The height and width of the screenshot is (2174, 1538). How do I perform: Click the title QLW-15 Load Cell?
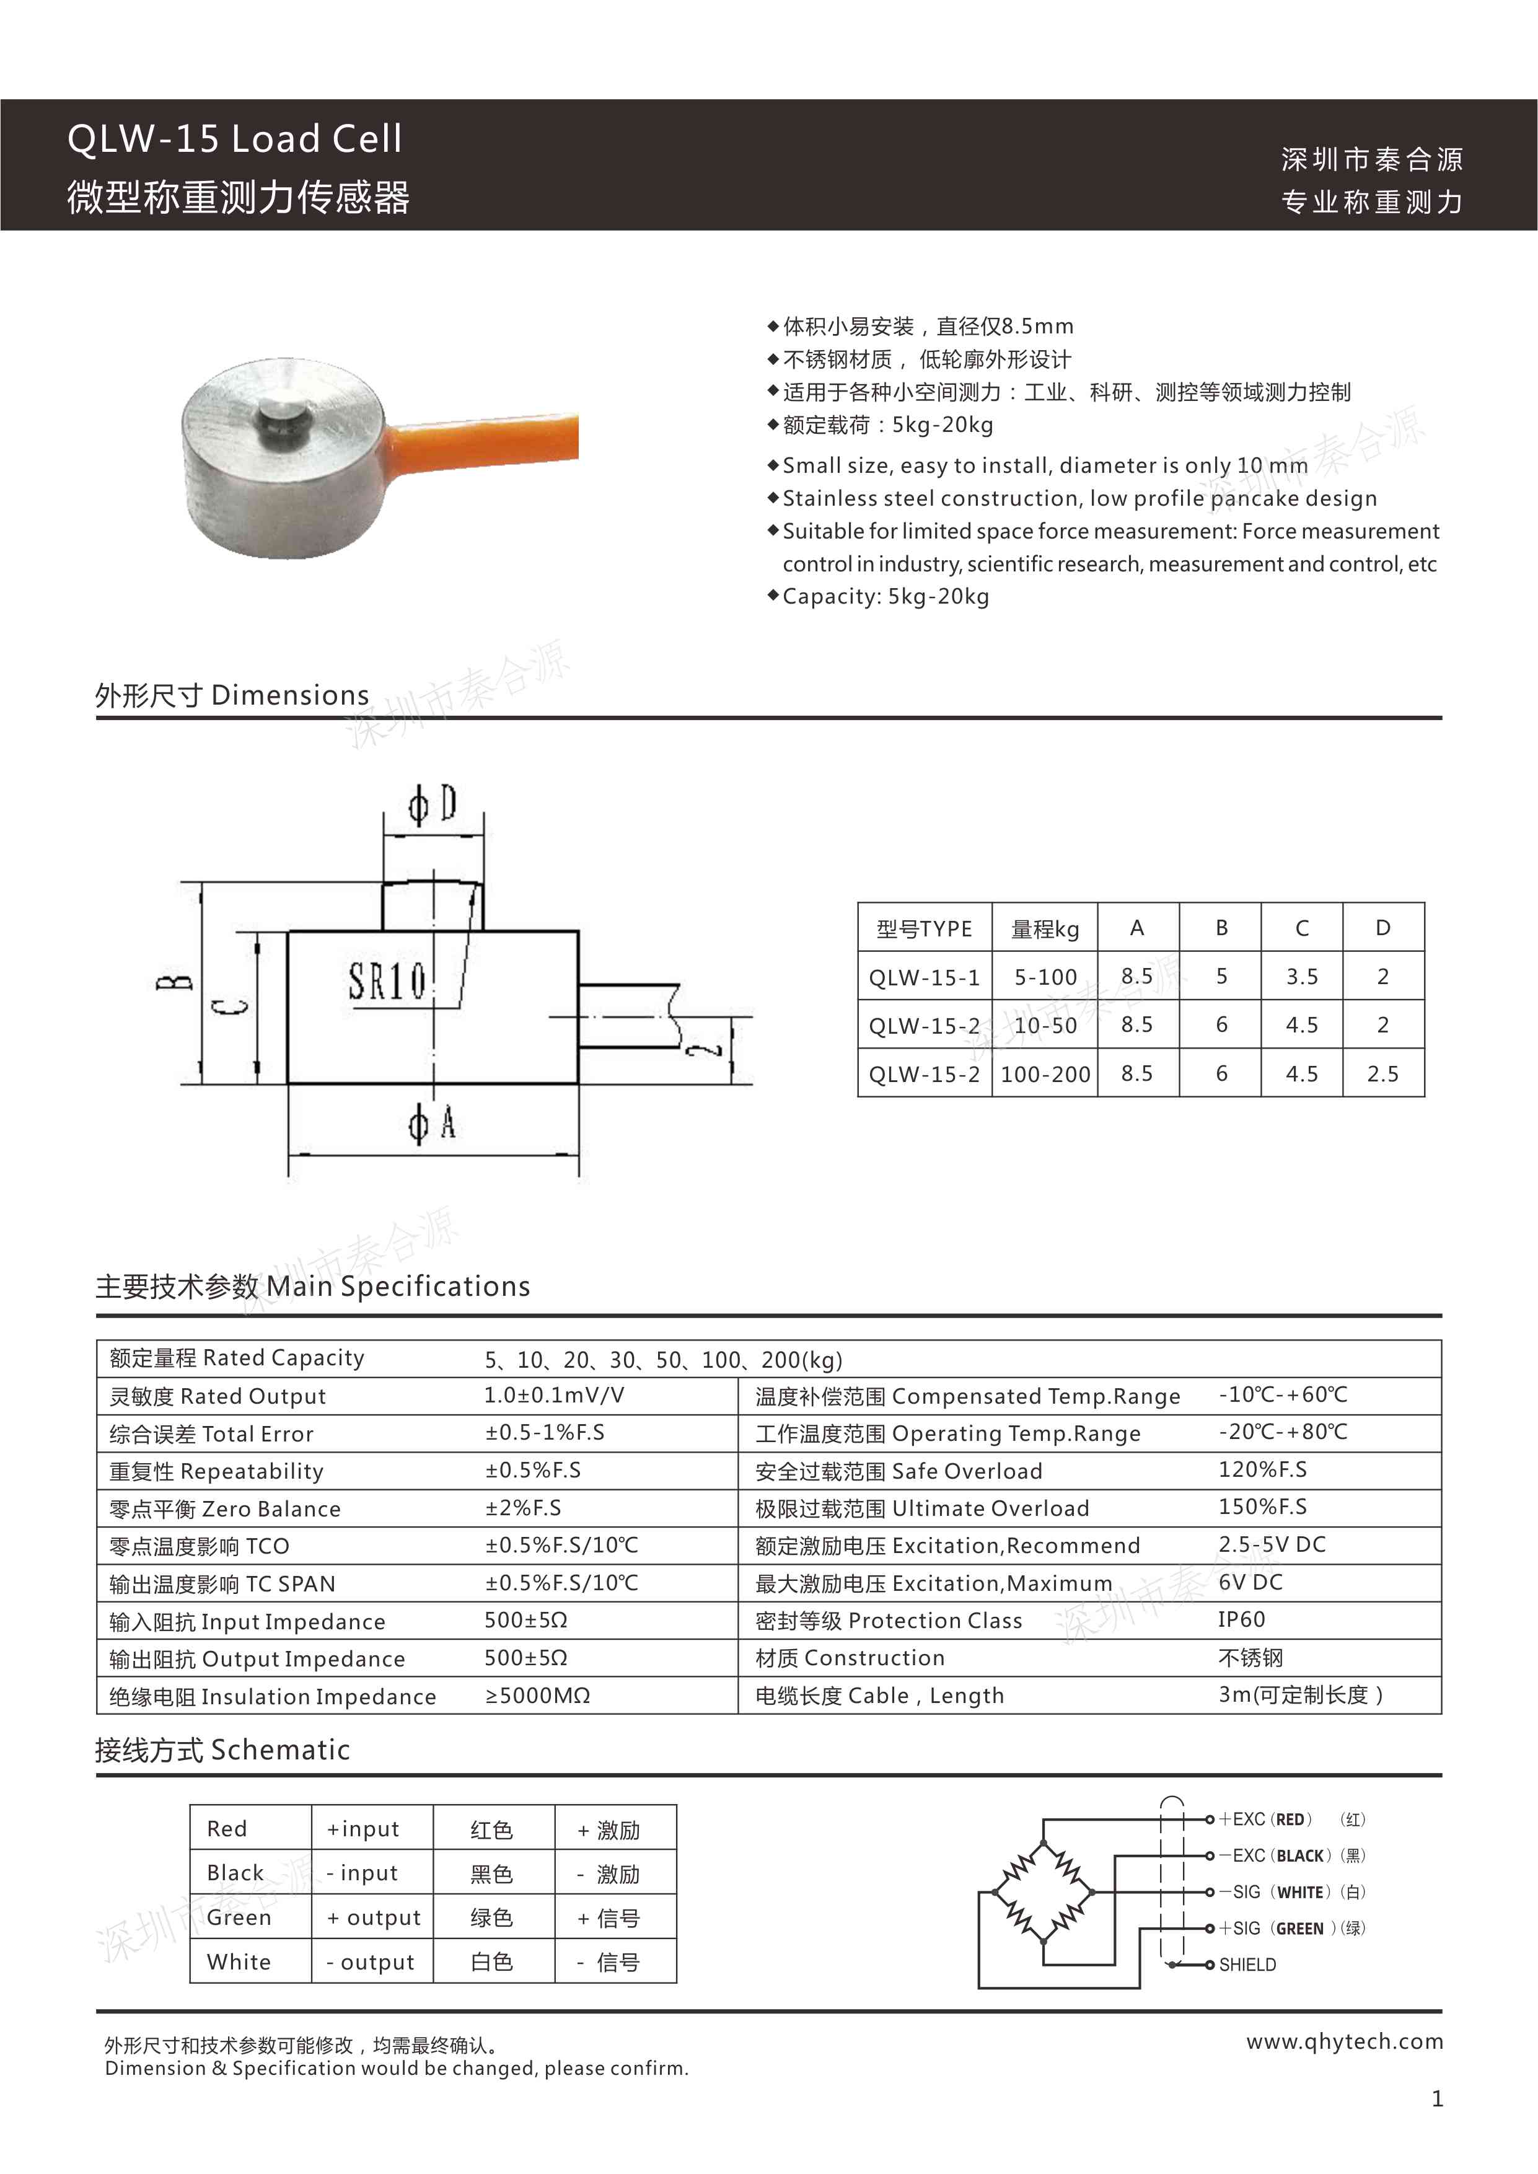(235, 139)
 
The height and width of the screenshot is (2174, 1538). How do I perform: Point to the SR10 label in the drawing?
(387, 981)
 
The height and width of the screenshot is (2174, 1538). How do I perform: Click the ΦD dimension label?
(433, 805)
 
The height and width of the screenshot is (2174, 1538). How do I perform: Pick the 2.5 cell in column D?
(1382, 1074)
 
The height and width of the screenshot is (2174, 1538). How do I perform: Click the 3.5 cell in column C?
(1301, 976)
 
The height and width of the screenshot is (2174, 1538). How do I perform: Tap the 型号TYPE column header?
(925, 929)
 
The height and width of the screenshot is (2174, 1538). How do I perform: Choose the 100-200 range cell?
(1045, 1074)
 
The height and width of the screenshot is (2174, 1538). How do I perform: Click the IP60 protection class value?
(1241, 1619)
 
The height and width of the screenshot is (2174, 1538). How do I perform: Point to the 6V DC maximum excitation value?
(1250, 1582)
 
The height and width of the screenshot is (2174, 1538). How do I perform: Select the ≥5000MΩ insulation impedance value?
(537, 1695)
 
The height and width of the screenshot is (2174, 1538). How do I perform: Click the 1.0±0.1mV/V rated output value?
(554, 1395)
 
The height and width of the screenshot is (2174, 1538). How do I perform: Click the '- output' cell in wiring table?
(371, 1962)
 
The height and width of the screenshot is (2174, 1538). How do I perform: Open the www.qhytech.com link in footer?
(1344, 2041)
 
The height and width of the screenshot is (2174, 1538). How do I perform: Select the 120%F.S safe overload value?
(1262, 1469)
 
